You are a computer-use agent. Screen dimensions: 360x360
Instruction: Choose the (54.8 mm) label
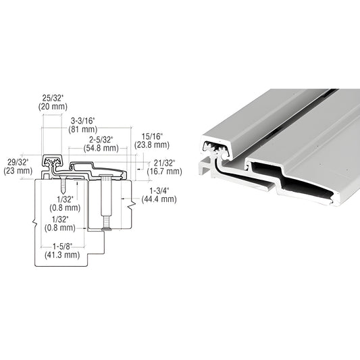(x=99, y=147)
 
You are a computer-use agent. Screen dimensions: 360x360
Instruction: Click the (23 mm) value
(x=16, y=172)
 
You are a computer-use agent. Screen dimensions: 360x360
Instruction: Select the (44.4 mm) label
(x=159, y=199)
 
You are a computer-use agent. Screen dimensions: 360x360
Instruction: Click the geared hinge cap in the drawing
(x=52, y=162)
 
